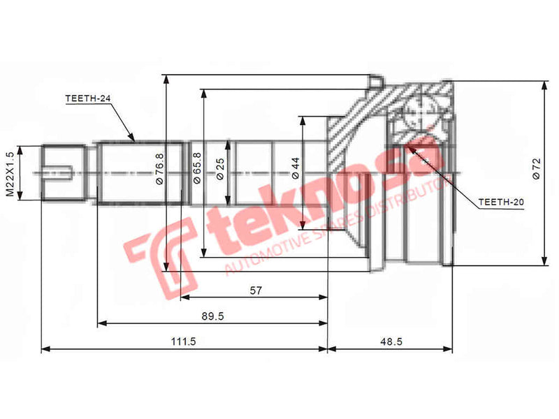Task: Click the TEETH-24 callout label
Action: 88,99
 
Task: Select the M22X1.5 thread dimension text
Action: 10,173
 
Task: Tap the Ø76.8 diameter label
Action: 159,168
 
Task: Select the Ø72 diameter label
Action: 536,168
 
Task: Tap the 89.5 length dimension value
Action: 212,316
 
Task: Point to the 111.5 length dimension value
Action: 183,341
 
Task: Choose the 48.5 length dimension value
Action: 389,341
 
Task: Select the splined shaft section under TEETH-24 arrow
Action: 140,172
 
